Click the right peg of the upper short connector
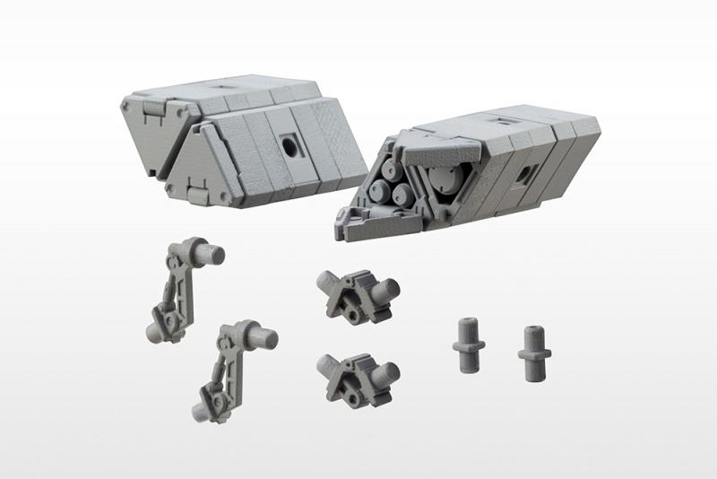coord(386,289)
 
